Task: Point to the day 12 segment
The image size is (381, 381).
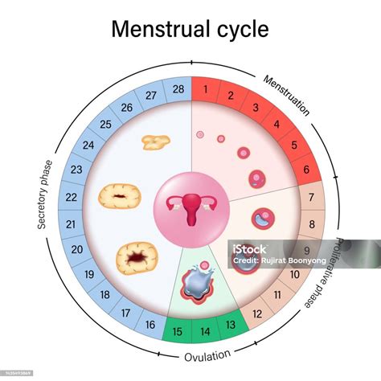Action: point(258,313)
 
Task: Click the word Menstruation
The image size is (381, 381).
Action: point(285,95)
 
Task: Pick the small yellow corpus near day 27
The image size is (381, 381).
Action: point(155,142)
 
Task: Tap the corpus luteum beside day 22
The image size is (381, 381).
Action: point(120,196)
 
